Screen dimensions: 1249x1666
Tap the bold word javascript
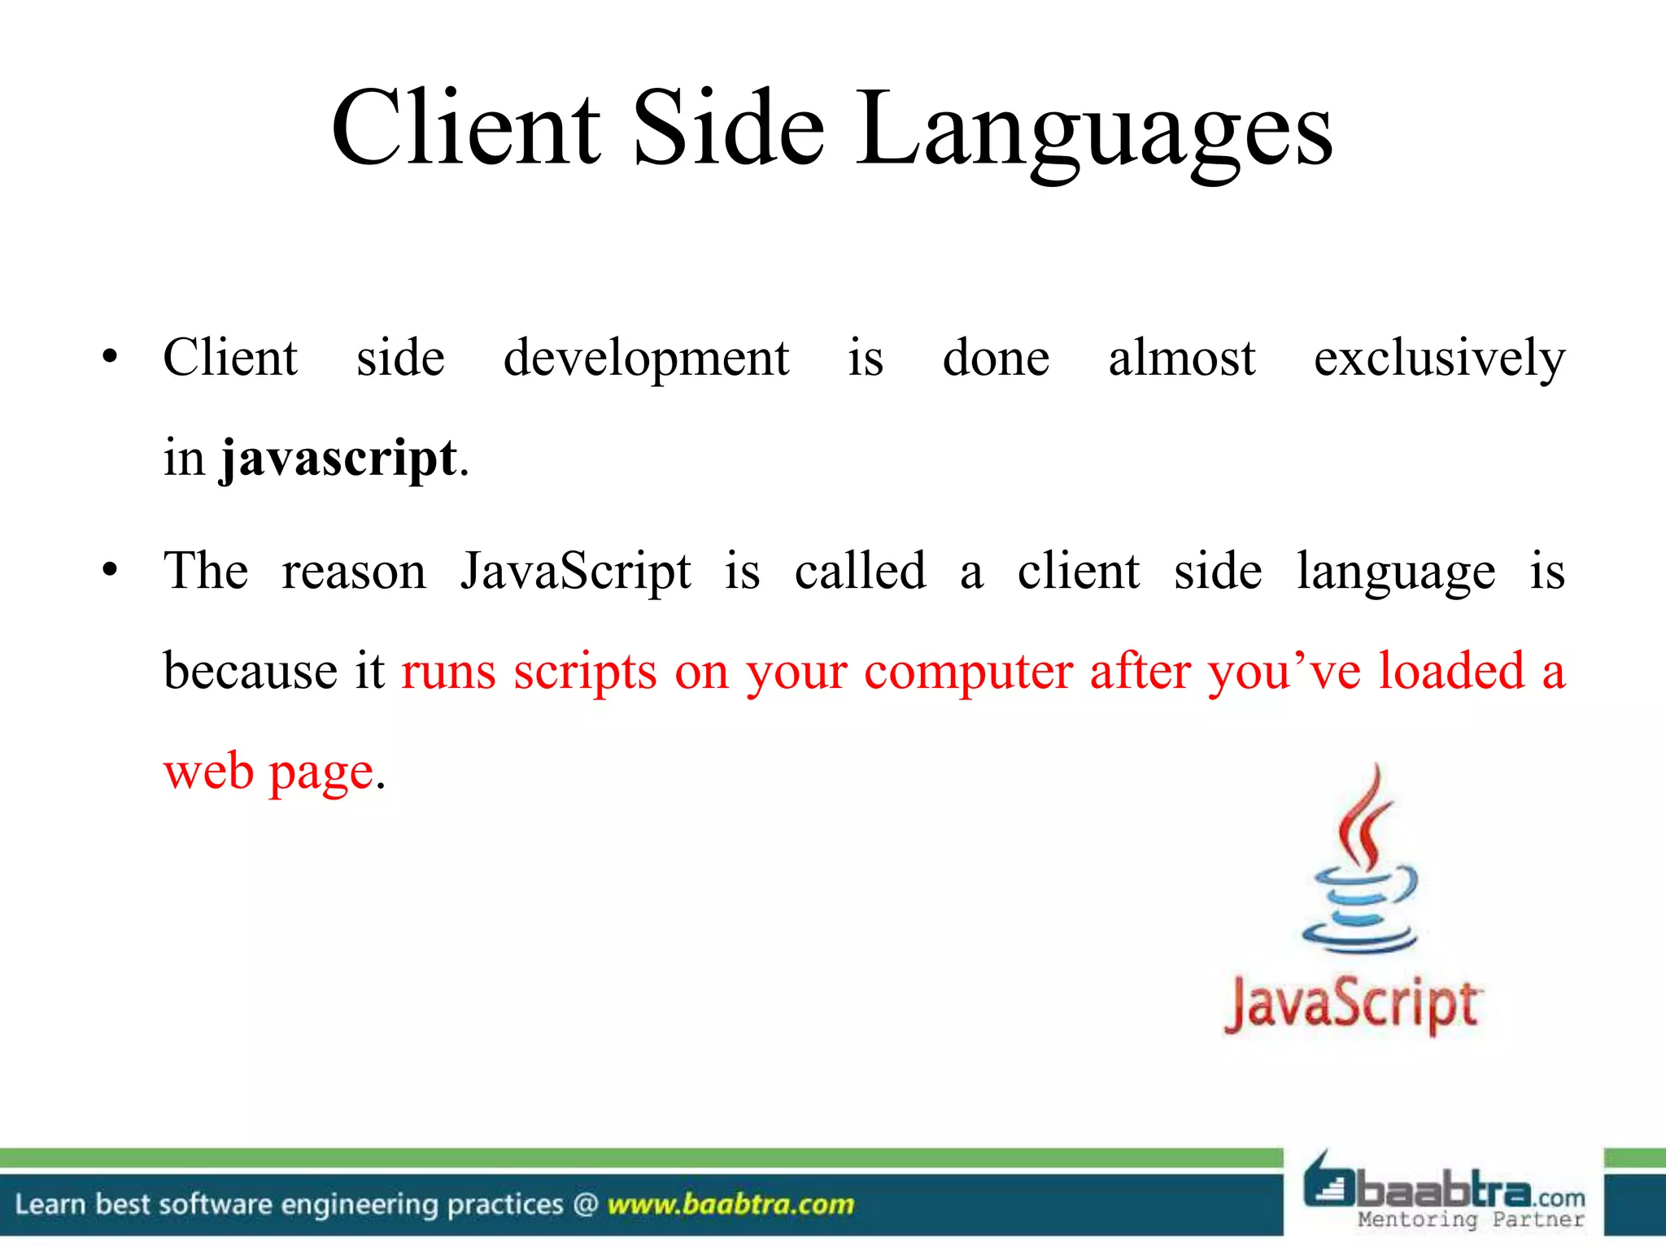coord(338,459)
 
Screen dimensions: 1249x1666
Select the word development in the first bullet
coord(646,359)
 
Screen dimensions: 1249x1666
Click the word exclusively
coord(1439,359)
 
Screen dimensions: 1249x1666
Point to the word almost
coord(1181,359)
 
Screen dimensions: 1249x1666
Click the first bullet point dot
coord(110,357)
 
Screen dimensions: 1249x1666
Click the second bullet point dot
coord(110,570)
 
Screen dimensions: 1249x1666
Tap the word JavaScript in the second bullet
coord(575,572)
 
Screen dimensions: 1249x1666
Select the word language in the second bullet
coord(1395,572)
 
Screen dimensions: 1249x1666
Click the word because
coord(251,672)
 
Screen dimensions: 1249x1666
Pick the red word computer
coord(967,673)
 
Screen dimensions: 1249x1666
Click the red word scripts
coord(585,673)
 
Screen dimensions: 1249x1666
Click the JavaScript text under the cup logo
coord(1352,1005)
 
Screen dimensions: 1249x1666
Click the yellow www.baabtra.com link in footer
coord(731,1204)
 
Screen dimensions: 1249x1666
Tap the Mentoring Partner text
coord(1471,1220)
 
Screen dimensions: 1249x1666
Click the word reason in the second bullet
coord(354,572)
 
